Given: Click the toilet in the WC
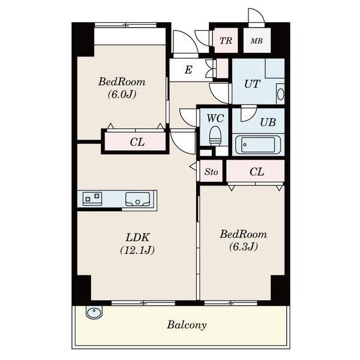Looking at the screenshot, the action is pyautogui.click(x=215, y=136).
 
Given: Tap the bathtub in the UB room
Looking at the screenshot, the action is pyautogui.click(x=258, y=145).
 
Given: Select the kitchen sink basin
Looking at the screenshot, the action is pyautogui.click(x=137, y=199).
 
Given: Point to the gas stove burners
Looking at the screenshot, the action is pyautogui.click(x=92, y=199).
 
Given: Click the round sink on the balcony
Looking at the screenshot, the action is pyautogui.click(x=94, y=312).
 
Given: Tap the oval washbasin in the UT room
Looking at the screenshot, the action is pyautogui.click(x=280, y=94).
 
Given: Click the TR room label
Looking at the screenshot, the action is pyautogui.click(x=226, y=41).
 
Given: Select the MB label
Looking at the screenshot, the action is pyautogui.click(x=257, y=41).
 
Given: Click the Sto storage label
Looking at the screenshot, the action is pyautogui.click(x=211, y=172).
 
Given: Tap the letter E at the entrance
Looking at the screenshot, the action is pyautogui.click(x=188, y=70).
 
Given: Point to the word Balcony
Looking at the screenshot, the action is pyautogui.click(x=187, y=325).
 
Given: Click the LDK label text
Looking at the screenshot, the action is pyautogui.click(x=137, y=238).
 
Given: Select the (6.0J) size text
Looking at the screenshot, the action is pyautogui.click(x=122, y=94).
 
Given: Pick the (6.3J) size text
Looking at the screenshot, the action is pyautogui.click(x=244, y=247).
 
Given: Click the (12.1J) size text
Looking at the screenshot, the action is pyautogui.click(x=137, y=250).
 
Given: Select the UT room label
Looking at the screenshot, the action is pyautogui.click(x=252, y=84).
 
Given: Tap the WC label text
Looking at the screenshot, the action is pyautogui.click(x=215, y=118).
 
